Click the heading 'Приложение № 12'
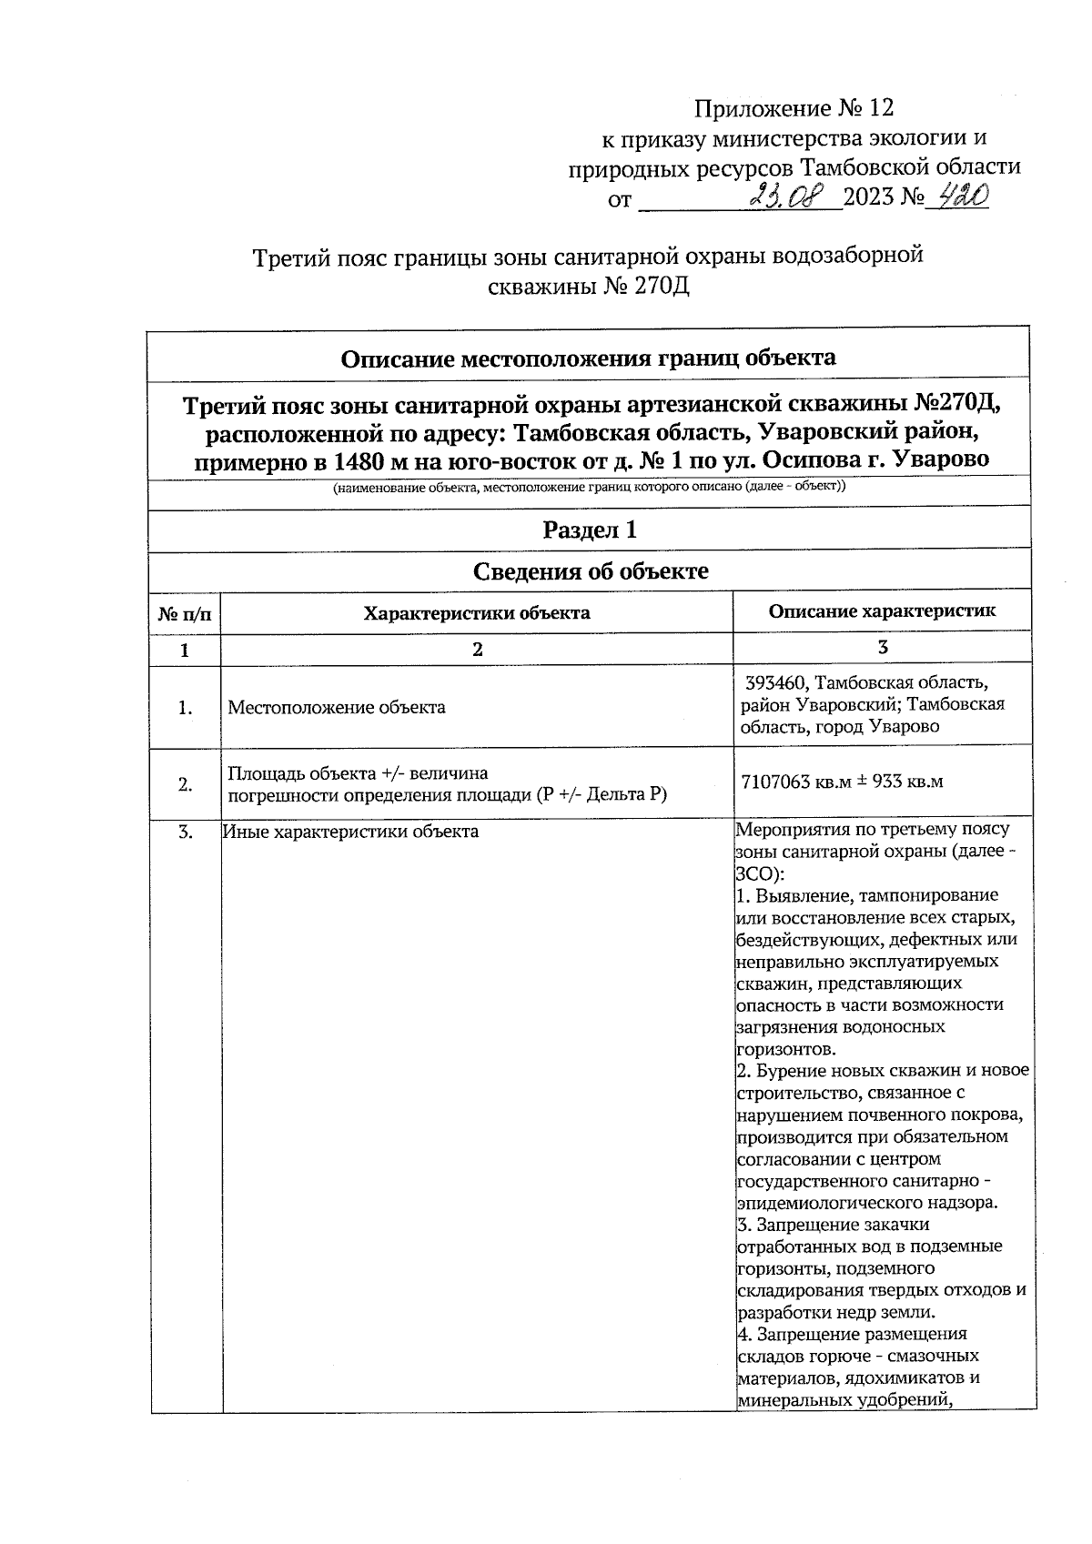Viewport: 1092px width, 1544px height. tap(794, 109)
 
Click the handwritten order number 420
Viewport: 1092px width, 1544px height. tap(963, 195)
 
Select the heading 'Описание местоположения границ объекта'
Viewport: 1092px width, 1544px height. tap(588, 358)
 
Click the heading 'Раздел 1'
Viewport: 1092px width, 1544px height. tap(589, 530)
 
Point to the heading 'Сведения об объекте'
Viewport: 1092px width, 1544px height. tap(590, 571)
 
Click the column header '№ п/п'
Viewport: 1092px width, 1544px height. tap(185, 614)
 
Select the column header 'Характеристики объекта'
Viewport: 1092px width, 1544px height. tap(477, 613)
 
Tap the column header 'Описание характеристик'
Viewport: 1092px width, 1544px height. tap(882, 611)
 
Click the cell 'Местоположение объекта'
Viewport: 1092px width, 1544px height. tap(337, 707)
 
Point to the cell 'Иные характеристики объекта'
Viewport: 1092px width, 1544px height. tap(351, 832)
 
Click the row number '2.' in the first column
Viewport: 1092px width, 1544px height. tap(185, 784)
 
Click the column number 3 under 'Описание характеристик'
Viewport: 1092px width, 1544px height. tap(882, 647)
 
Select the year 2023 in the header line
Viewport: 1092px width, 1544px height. tap(869, 197)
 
